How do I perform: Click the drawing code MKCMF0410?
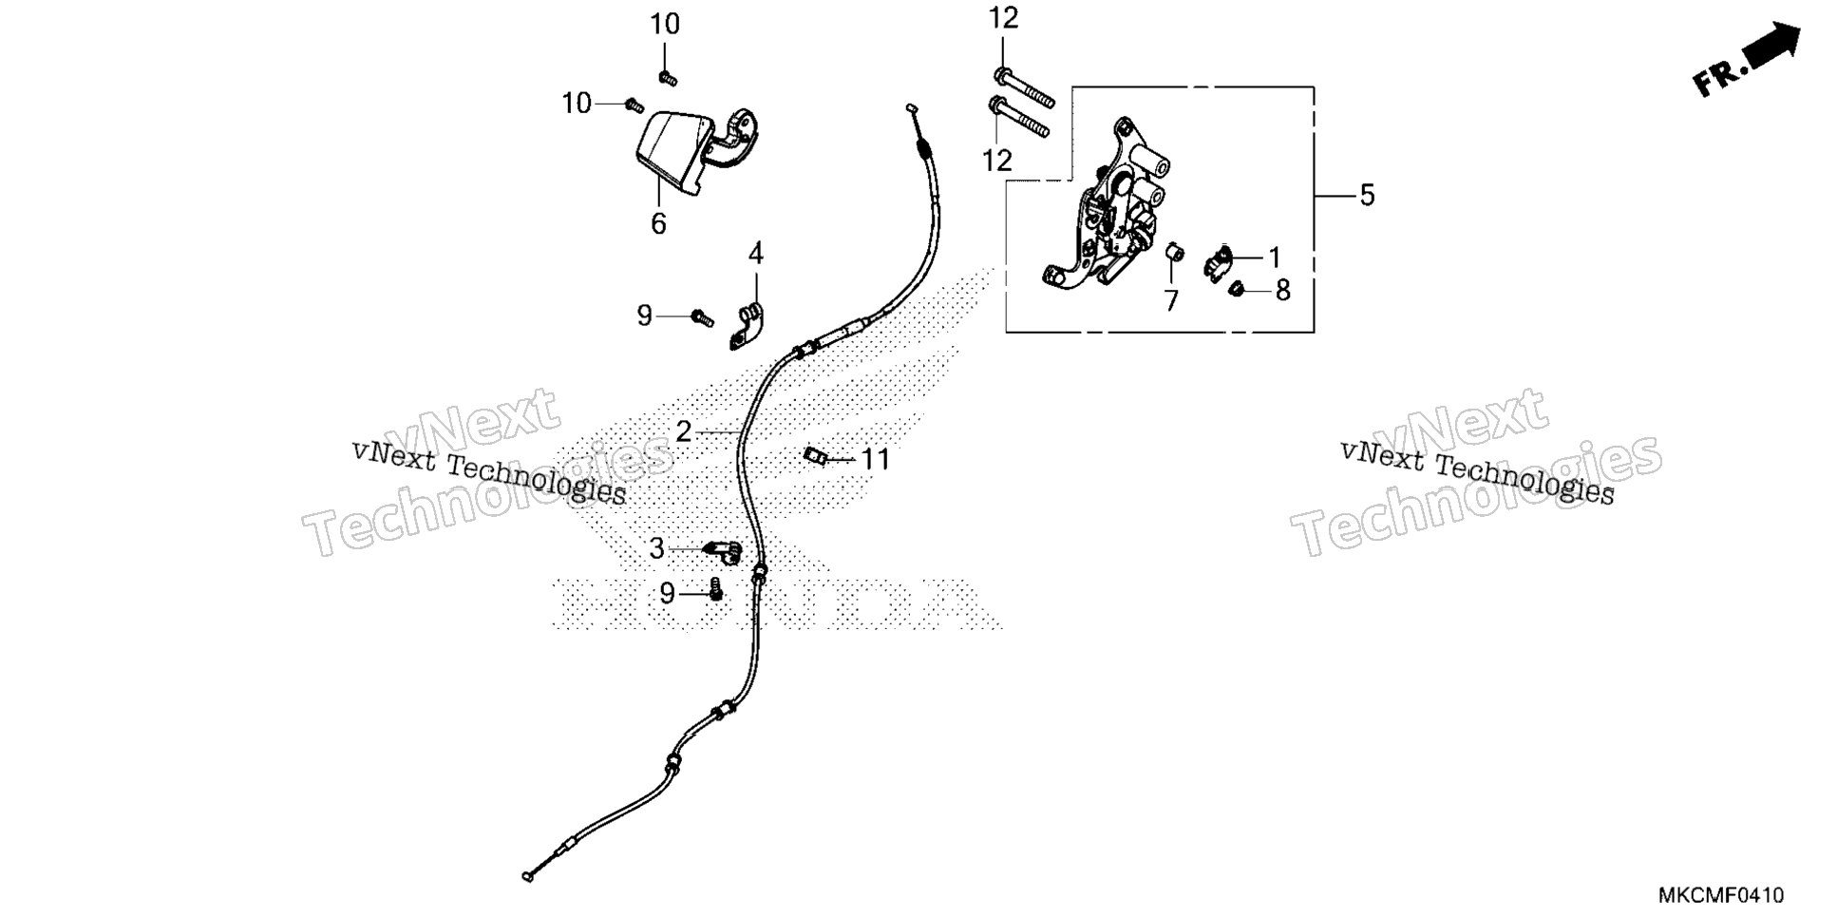point(1721,896)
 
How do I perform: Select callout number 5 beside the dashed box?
point(1367,195)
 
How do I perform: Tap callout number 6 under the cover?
point(658,224)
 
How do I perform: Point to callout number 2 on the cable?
point(684,432)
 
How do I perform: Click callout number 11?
point(875,460)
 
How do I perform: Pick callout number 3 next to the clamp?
point(657,548)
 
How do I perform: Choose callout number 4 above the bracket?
point(756,254)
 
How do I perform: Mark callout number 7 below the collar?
point(1171,301)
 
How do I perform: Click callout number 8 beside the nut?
point(1283,290)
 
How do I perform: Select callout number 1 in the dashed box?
point(1275,258)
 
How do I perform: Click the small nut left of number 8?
point(1237,288)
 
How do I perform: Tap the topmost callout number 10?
point(665,24)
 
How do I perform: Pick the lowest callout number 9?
point(667,594)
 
